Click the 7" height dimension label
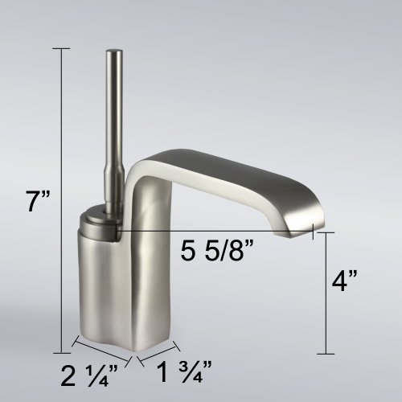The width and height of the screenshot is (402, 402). point(38,201)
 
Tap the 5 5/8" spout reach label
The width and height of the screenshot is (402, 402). point(217,250)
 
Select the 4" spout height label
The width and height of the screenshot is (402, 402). point(344,281)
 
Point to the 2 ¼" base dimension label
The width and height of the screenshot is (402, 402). point(89,375)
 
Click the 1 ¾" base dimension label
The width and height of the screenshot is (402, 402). point(184,371)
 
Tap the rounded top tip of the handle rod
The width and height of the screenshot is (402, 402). point(114,51)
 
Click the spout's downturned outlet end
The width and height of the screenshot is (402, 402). point(297,231)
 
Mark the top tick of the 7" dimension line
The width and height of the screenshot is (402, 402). point(61,49)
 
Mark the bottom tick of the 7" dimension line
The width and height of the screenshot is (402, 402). point(62,353)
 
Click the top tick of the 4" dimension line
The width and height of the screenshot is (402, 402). point(326,232)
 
